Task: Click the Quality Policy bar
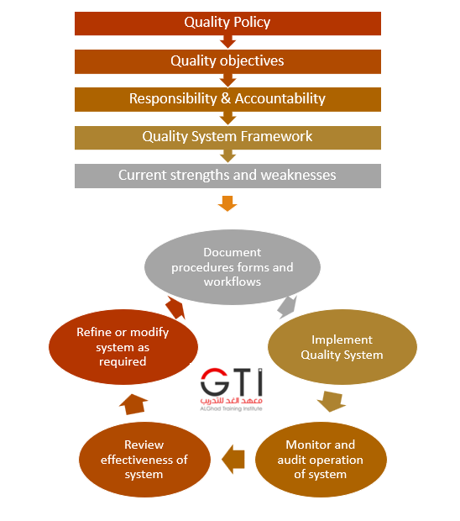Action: coord(227,24)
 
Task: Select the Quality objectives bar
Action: coord(227,61)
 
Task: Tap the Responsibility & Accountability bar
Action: coord(227,99)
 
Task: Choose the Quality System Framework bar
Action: coord(227,138)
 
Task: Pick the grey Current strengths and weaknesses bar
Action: coord(227,176)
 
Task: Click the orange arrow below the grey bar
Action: coord(227,203)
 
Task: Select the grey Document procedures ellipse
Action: coord(233,267)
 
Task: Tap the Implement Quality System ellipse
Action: coord(342,347)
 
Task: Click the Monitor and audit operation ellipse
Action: coord(321,460)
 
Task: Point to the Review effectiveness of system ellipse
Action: coord(144,460)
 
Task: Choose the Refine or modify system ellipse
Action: coord(123,347)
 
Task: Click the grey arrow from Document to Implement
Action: coord(287,307)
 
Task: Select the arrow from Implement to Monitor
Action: coord(332,401)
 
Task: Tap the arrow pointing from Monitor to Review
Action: coord(233,460)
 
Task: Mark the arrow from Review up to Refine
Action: coord(133,404)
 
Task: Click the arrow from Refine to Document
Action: coord(175,308)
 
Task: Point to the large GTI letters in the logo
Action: coord(232,382)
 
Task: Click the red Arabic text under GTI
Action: coord(232,401)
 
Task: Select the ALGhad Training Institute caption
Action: coord(232,408)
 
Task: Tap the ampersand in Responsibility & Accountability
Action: coord(226,98)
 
